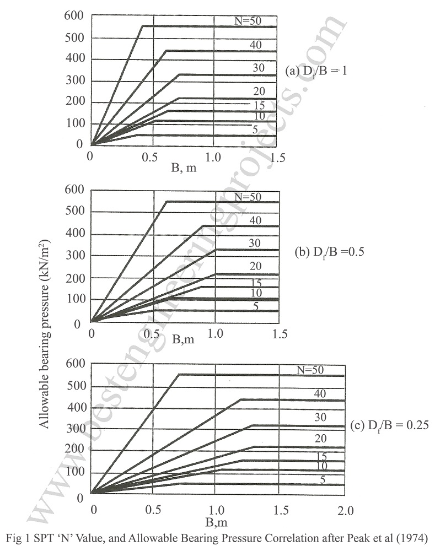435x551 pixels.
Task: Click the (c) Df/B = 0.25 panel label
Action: pyautogui.click(x=389, y=425)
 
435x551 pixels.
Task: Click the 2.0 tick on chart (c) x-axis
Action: pyautogui.click(x=345, y=510)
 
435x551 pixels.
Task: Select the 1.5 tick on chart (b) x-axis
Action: pyautogui.click(x=280, y=334)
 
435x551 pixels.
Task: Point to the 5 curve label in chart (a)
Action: pyautogui.click(x=255, y=129)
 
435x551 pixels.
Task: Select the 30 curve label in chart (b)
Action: pyautogui.click(x=255, y=243)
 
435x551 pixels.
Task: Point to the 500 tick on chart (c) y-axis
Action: pyautogui.click(x=74, y=386)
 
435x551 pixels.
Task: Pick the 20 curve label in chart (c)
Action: pyautogui.click(x=319, y=439)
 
